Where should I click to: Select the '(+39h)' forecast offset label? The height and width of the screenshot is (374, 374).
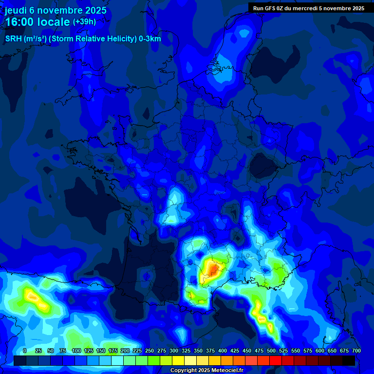click(84, 22)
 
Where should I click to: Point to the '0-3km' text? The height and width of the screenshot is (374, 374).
click(150, 39)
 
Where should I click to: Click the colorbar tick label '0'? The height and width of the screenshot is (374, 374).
click(25, 351)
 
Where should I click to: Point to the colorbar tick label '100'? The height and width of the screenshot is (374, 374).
click(76, 351)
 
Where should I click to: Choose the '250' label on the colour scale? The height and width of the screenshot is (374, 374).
click(150, 351)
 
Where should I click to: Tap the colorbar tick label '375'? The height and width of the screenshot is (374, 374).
click(210, 351)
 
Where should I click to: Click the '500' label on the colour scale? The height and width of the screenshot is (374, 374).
click(271, 351)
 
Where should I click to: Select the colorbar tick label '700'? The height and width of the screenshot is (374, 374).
click(356, 351)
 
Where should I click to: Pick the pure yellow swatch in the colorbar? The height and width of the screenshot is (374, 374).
click(178, 360)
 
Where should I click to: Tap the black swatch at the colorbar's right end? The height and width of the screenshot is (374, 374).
click(349, 360)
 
